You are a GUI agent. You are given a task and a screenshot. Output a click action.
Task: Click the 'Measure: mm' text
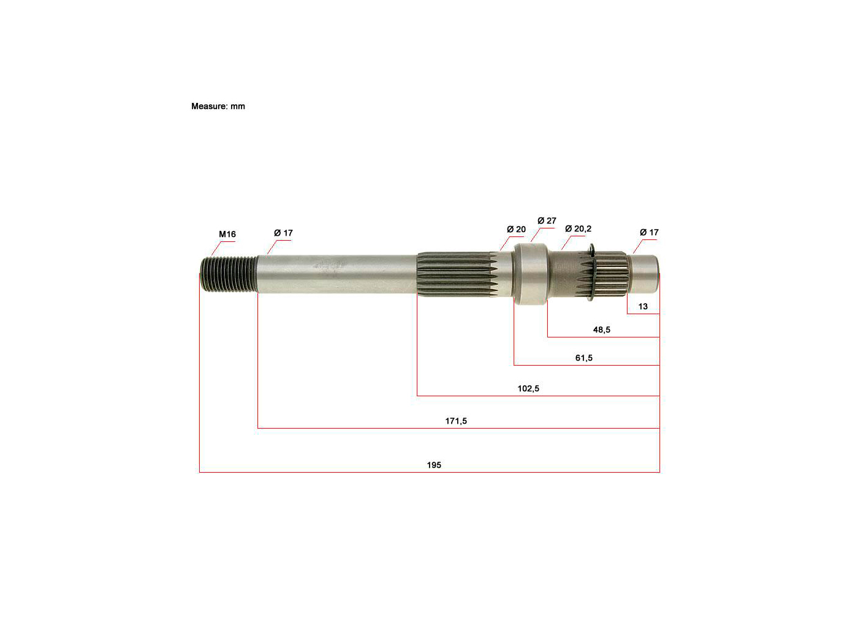click(218, 106)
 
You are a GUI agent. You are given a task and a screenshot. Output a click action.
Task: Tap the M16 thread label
click(227, 234)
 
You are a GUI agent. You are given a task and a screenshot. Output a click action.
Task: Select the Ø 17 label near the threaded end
click(283, 233)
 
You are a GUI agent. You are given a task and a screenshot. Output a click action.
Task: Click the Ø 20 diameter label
click(516, 229)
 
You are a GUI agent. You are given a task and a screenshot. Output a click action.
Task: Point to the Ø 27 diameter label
click(547, 220)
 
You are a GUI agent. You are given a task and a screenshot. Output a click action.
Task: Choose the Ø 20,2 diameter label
click(578, 228)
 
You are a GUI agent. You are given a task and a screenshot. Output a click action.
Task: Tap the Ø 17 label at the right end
click(649, 232)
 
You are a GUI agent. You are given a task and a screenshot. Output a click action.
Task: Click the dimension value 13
click(643, 306)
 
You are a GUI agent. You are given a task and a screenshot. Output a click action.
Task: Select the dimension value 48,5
click(601, 329)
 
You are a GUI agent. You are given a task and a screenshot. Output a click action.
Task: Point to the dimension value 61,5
click(583, 358)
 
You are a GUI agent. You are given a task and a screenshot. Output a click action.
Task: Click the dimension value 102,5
click(528, 388)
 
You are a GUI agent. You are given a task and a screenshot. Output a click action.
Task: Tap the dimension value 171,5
click(455, 421)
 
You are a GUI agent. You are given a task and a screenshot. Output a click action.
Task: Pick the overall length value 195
click(434, 465)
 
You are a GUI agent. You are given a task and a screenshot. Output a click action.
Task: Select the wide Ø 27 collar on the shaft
click(530, 274)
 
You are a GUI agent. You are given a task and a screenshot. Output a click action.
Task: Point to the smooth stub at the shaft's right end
click(645, 274)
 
